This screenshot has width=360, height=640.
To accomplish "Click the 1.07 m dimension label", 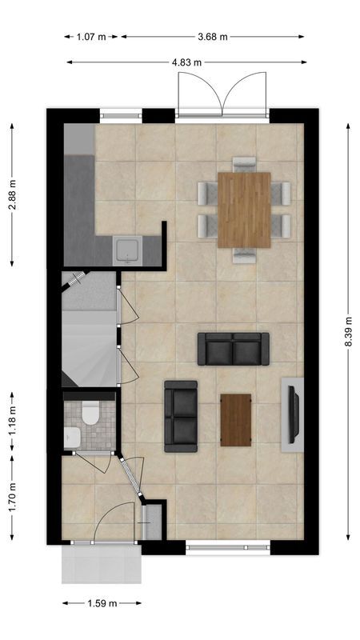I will (92, 36).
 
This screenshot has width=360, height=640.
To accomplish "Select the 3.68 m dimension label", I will (213, 36).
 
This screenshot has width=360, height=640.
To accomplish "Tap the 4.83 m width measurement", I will (186, 62).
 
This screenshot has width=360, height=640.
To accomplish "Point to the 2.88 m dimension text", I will (12, 194).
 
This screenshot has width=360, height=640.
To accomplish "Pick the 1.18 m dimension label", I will (12, 421).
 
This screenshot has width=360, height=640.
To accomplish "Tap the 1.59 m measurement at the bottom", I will (102, 603).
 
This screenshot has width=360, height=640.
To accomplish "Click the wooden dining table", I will (244, 210).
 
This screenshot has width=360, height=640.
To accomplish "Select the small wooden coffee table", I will (236, 420).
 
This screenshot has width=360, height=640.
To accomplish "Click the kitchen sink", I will (126, 251).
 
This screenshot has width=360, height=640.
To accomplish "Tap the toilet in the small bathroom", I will (90, 414).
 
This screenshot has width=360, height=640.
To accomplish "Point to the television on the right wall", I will (294, 414).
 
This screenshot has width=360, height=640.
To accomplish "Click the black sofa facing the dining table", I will (233, 349).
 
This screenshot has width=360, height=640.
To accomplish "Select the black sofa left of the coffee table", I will (181, 416).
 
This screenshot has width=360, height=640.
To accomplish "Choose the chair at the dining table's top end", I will (244, 164).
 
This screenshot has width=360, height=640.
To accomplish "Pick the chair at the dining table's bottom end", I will (244, 255).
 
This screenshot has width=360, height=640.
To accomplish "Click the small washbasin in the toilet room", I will (71, 437).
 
